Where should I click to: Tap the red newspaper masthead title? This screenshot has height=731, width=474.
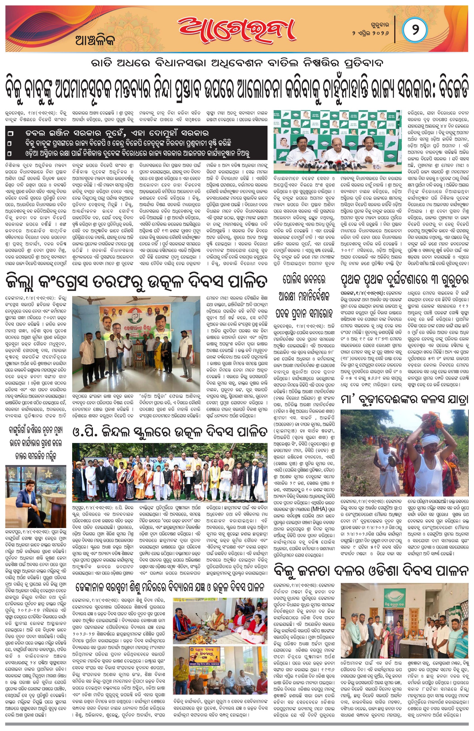pos(236,31)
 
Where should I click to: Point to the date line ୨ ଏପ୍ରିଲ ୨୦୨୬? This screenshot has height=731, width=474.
pos(371,33)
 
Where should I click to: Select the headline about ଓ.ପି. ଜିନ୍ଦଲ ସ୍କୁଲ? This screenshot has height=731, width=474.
pos(169,432)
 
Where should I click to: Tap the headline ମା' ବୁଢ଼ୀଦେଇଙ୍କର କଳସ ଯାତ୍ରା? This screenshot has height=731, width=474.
pos(404,400)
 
